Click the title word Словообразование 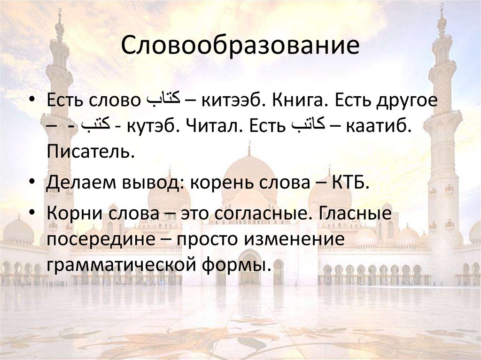click(x=240, y=46)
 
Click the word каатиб click(x=379, y=126)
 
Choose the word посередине click(x=104, y=239)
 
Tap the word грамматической click(x=120, y=265)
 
